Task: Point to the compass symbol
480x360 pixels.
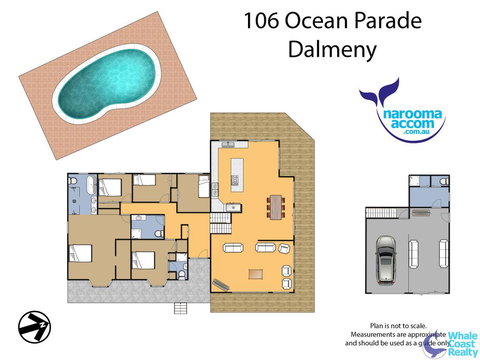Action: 33,325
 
